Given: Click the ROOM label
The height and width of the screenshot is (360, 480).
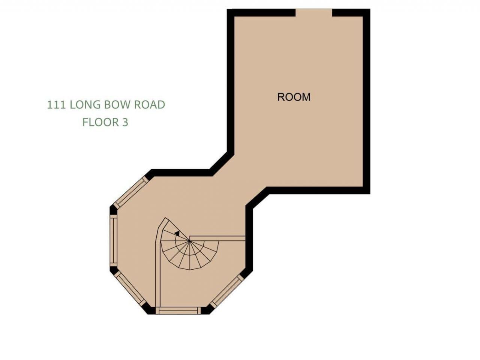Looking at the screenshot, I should tap(294, 97).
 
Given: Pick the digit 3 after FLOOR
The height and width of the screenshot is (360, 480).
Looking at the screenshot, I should tap(125, 122).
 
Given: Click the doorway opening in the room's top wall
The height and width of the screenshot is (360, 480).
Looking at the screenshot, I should tap(314, 13).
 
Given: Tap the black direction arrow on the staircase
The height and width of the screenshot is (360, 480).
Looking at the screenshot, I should tap(177, 233).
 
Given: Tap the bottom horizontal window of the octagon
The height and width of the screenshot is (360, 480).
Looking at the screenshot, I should tap(178, 310).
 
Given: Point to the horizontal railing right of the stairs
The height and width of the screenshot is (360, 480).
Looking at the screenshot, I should tap(217, 238).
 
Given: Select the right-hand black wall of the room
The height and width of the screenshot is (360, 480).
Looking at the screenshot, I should tap(366, 101).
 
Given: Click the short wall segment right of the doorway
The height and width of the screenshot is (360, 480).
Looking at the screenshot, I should tap(351, 13).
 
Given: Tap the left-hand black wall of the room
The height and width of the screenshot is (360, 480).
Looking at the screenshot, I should tap(231, 82).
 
